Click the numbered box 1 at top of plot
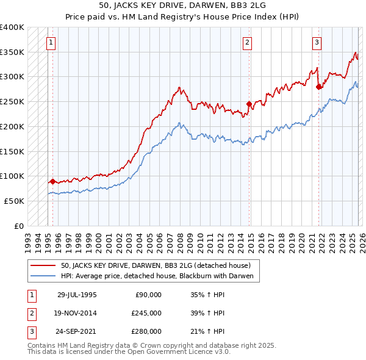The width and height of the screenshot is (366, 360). coord(51,43)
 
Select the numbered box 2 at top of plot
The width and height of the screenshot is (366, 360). coord(247,43)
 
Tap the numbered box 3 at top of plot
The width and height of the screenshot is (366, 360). coord(317,43)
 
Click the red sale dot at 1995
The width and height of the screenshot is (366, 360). coord(53,181)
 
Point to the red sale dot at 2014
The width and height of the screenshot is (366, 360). coord(249,104)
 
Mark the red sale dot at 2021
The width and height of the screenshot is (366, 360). coord(319,87)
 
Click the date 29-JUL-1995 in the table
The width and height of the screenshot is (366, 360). coord(77,295)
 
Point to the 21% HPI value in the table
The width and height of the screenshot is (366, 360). coord(207,331)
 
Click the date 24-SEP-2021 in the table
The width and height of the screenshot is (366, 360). coord(77,331)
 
